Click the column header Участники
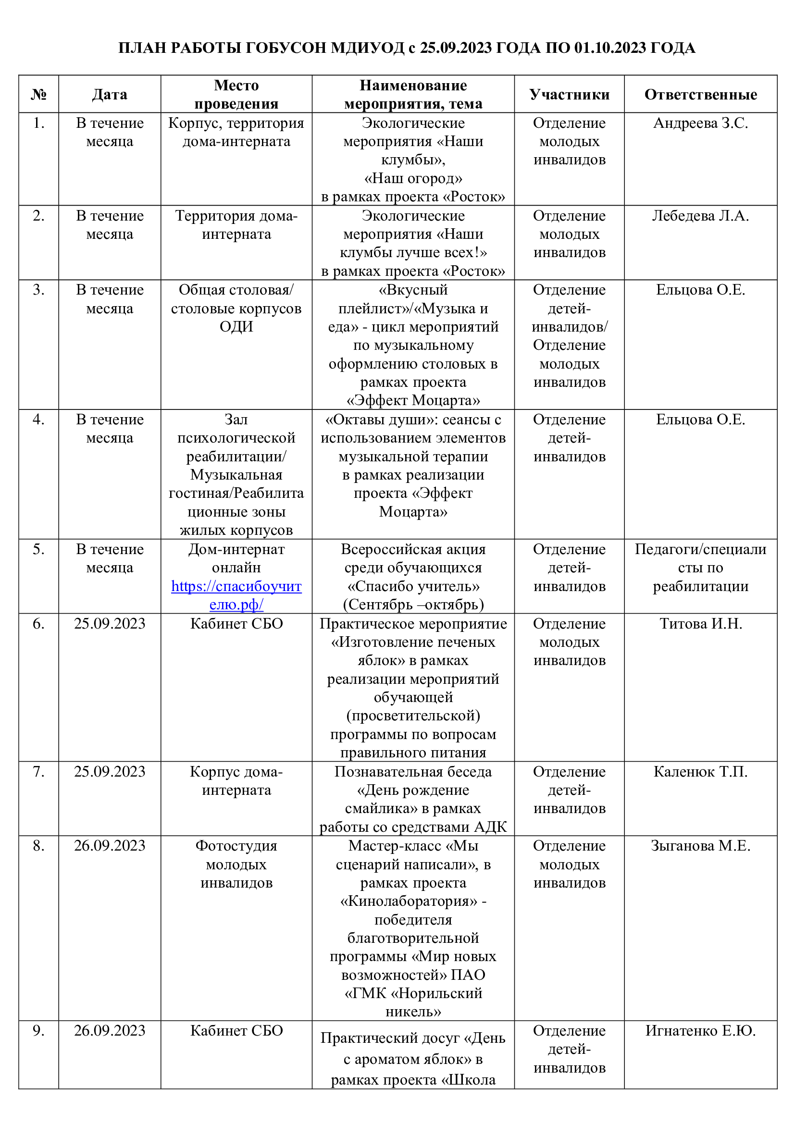(x=569, y=95)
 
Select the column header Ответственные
(x=700, y=95)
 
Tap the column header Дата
(x=109, y=95)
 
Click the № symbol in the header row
(x=38, y=95)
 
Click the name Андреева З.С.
(x=700, y=124)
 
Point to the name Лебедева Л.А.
(x=700, y=216)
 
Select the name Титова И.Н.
(x=700, y=624)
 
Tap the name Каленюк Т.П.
(x=700, y=772)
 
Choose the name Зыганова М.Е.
(x=700, y=846)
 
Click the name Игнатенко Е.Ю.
(x=700, y=1031)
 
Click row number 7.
(x=38, y=772)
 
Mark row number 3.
(x=38, y=290)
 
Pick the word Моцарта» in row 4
(x=413, y=512)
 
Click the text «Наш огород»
(x=413, y=178)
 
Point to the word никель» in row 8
(x=413, y=1012)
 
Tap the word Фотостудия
(x=236, y=846)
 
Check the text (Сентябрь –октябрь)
(x=413, y=605)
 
